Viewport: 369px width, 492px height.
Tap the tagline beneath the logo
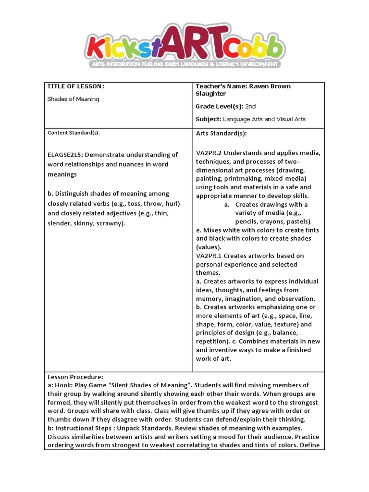(184, 64)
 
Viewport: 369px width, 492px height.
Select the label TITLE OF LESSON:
(75, 86)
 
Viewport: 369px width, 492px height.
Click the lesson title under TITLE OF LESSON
(73, 99)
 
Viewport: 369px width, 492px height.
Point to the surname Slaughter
(210, 94)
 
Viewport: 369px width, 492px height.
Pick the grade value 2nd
(250, 106)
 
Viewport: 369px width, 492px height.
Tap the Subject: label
(209, 119)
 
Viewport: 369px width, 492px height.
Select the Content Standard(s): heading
(74, 133)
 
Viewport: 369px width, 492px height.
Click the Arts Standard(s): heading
(221, 133)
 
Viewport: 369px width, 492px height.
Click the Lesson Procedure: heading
(75, 377)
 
